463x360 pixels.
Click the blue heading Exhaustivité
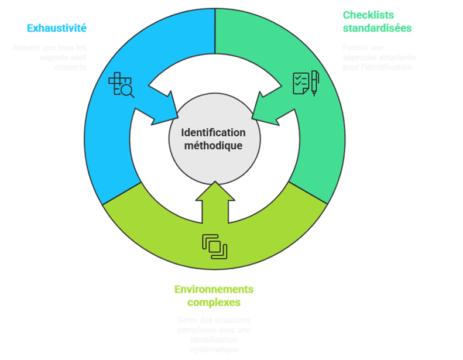click(x=57, y=28)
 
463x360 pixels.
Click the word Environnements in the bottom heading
click(x=214, y=289)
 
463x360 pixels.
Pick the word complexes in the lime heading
click(x=214, y=303)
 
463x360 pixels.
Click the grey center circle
click(x=213, y=139)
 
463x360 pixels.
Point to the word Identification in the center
click(x=213, y=133)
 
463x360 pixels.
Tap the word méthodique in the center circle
click(x=213, y=146)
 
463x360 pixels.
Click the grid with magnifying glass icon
click(x=121, y=85)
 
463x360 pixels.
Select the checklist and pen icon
click(x=306, y=83)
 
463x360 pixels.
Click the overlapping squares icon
click(x=214, y=246)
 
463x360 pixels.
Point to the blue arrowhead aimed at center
click(x=164, y=105)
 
